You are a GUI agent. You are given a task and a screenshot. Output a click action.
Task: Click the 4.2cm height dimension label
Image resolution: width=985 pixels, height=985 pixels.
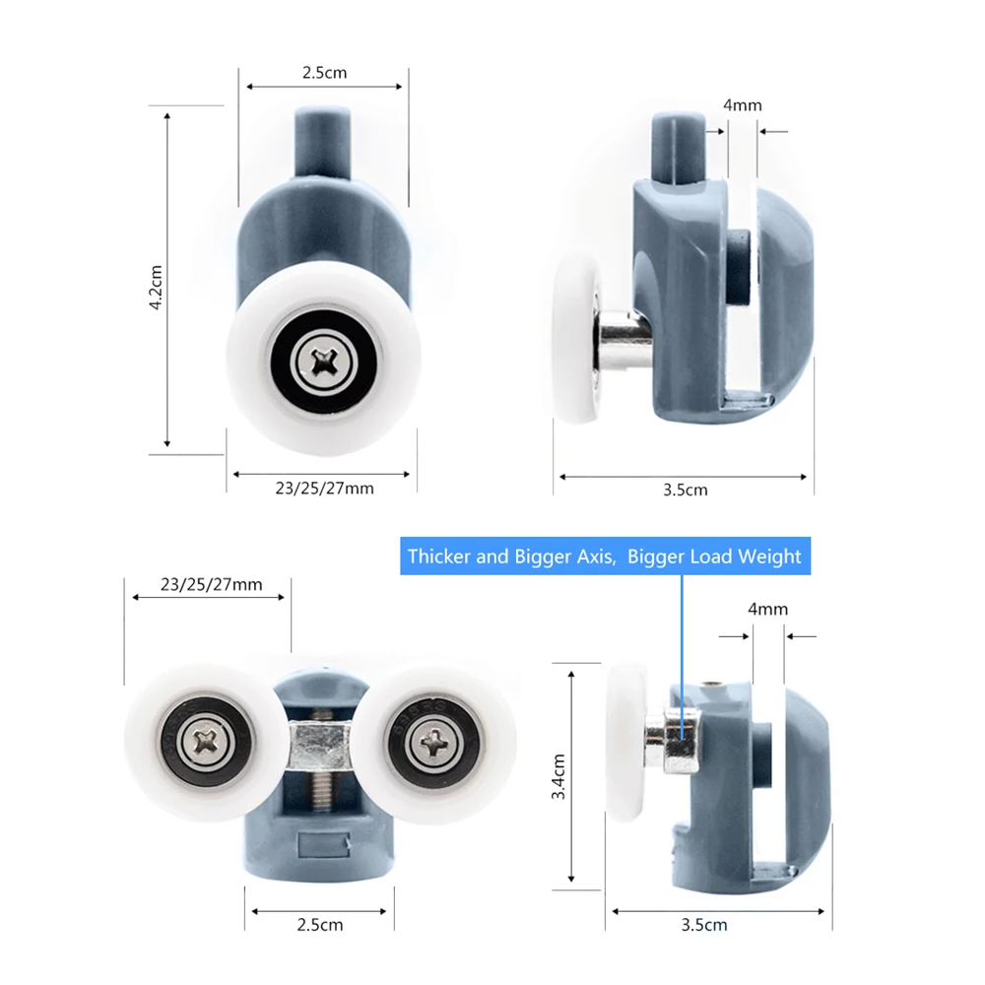point(156,287)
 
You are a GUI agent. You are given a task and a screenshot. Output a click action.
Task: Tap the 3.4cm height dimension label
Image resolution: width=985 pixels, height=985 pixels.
point(558,776)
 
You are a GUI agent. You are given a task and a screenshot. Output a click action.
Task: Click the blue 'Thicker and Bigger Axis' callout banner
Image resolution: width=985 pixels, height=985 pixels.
point(605,556)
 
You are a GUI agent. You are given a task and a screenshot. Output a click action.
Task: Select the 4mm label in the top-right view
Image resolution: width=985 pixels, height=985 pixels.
point(742,105)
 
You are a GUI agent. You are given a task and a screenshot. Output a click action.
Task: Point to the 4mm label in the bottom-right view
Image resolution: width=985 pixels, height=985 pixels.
point(767,609)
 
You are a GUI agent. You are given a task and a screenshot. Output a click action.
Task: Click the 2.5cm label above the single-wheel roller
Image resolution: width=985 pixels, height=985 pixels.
point(324,73)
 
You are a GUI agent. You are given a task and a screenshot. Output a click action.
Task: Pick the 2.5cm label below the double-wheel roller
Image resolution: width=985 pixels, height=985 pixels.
point(320,925)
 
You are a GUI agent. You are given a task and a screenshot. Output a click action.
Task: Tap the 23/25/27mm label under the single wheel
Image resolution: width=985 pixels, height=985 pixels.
point(324,489)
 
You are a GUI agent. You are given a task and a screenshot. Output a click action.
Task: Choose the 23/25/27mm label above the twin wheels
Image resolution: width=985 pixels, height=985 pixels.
point(211,585)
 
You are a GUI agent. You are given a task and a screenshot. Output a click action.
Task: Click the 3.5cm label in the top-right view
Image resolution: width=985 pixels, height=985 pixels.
point(686,490)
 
